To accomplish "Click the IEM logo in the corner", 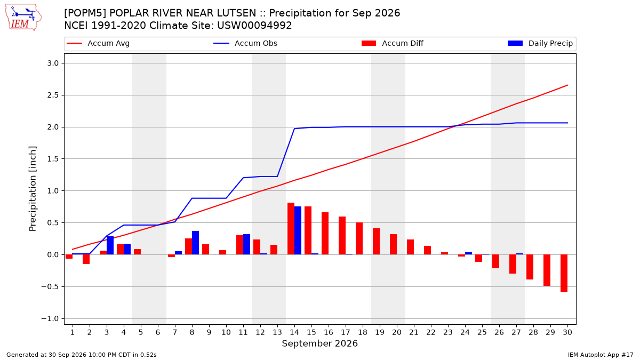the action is click(x=23, y=18).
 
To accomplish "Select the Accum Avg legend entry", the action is click(x=98, y=43).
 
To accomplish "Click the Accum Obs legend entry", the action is click(x=245, y=43).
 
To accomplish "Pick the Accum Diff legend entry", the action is click(x=393, y=43).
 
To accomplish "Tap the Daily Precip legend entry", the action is click(x=540, y=43).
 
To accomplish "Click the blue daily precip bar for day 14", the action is click(x=298, y=230).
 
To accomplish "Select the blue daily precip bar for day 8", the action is click(x=195, y=243).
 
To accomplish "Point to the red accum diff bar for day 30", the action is click(x=564, y=274).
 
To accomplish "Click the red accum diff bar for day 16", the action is click(x=325, y=234).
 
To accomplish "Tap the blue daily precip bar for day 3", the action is click(x=110, y=245).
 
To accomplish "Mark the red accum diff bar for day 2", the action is click(x=86, y=259).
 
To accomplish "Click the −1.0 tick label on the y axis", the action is click(x=50, y=318).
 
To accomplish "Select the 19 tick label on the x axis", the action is click(x=380, y=332).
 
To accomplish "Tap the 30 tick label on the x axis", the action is click(x=567, y=332).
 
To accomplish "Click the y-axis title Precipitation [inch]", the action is click(x=33, y=189).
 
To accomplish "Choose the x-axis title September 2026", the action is click(x=319, y=343).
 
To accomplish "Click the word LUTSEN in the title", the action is click(x=237, y=13).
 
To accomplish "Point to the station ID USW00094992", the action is click(x=254, y=26).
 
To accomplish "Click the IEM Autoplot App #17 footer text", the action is click(x=601, y=355).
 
